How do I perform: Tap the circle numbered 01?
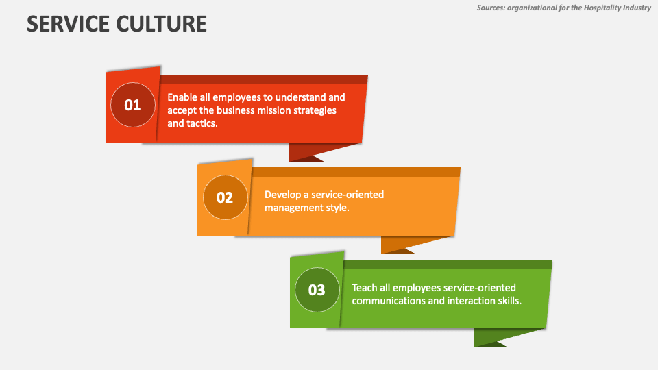(132, 105)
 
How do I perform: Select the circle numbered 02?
(225, 197)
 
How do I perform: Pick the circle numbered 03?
(317, 290)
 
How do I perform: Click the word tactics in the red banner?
(203, 123)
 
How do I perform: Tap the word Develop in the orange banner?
(284, 195)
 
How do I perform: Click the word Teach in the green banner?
(365, 288)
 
